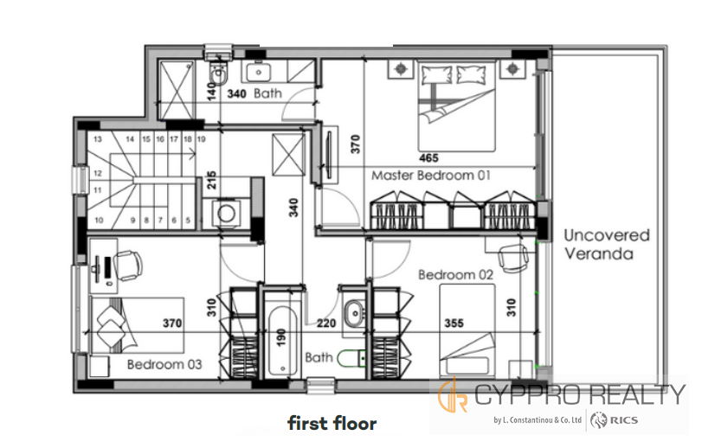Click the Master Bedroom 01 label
coord(431,176)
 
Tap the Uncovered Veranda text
coord(607,245)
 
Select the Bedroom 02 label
coord(456,274)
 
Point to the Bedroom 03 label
coord(164,364)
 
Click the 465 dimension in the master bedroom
coord(428,157)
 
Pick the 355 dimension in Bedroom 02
coord(454,323)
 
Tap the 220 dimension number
coord(326,323)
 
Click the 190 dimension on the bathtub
coord(280,337)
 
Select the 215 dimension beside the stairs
coord(211,180)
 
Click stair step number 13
coord(98,139)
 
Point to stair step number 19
coord(202,139)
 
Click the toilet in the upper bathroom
coord(219,73)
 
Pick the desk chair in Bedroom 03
coord(128,266)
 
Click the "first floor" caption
coord(332,423)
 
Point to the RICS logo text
coord(623,420)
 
